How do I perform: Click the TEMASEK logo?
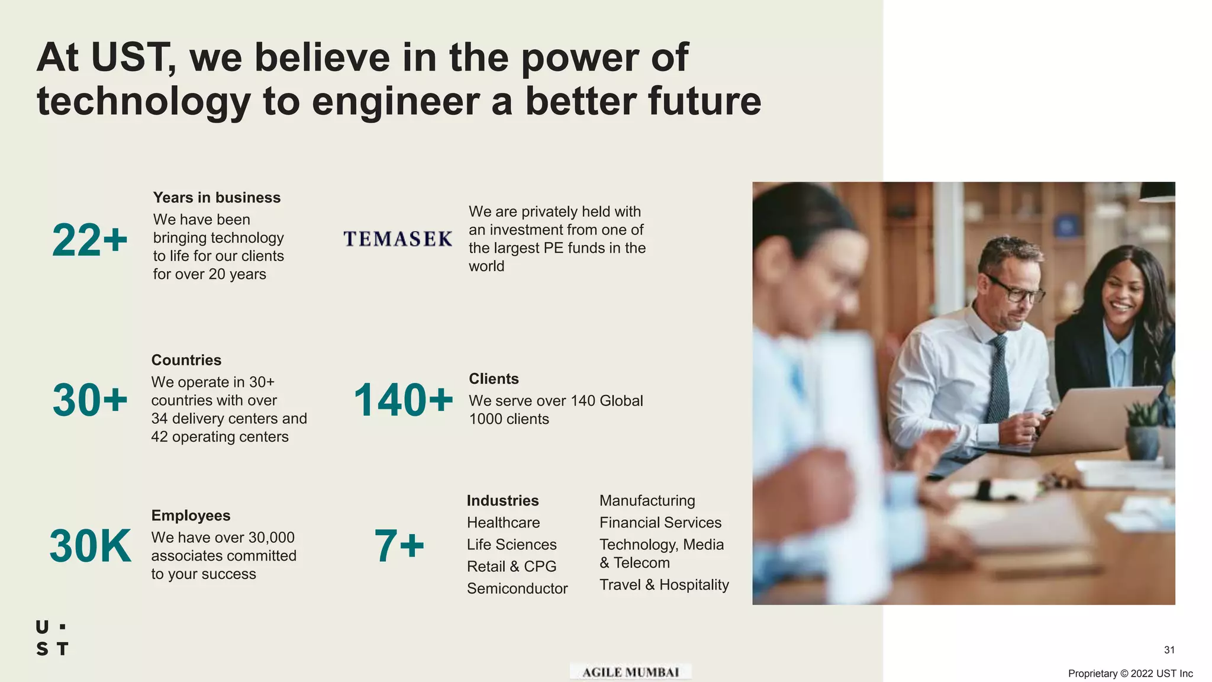pyautogui.click(x=398, y=239)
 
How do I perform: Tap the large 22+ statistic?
pyautogui.click(x=90, y=240)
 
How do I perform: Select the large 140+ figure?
pyautogui.click(x=403, y=400)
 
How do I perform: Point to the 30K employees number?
pyautogui.click(x=91, y=546)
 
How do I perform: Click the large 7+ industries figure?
pyautogui.click(x=399, y=546)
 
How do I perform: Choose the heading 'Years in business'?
pyautogui.click(x=217, y=197)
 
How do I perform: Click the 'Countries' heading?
pyautogui.click(x=186, y=360)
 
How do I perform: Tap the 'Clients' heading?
pyautogui.click(x=494, y=378)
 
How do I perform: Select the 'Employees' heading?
pyautogui.click(x=191, y=515)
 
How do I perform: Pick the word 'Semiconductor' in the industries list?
pyautogui.click(x=517, y=588)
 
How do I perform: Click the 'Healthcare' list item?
pyautogui.click(x=503, y=522)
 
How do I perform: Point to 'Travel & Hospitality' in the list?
pyautogui.click(x=664, y=584)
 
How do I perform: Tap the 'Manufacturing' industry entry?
pyautogui.click(x=647, y=500)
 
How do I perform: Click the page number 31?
pyautogui.click(x=1169, y=649)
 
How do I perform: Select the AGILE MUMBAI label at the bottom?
pyautogui.click(x=630, y=672)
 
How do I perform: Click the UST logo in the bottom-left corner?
pyautogui.click(x=52, y=638)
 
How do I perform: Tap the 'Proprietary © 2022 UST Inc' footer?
pyautogui.click(x=1130, y=673)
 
